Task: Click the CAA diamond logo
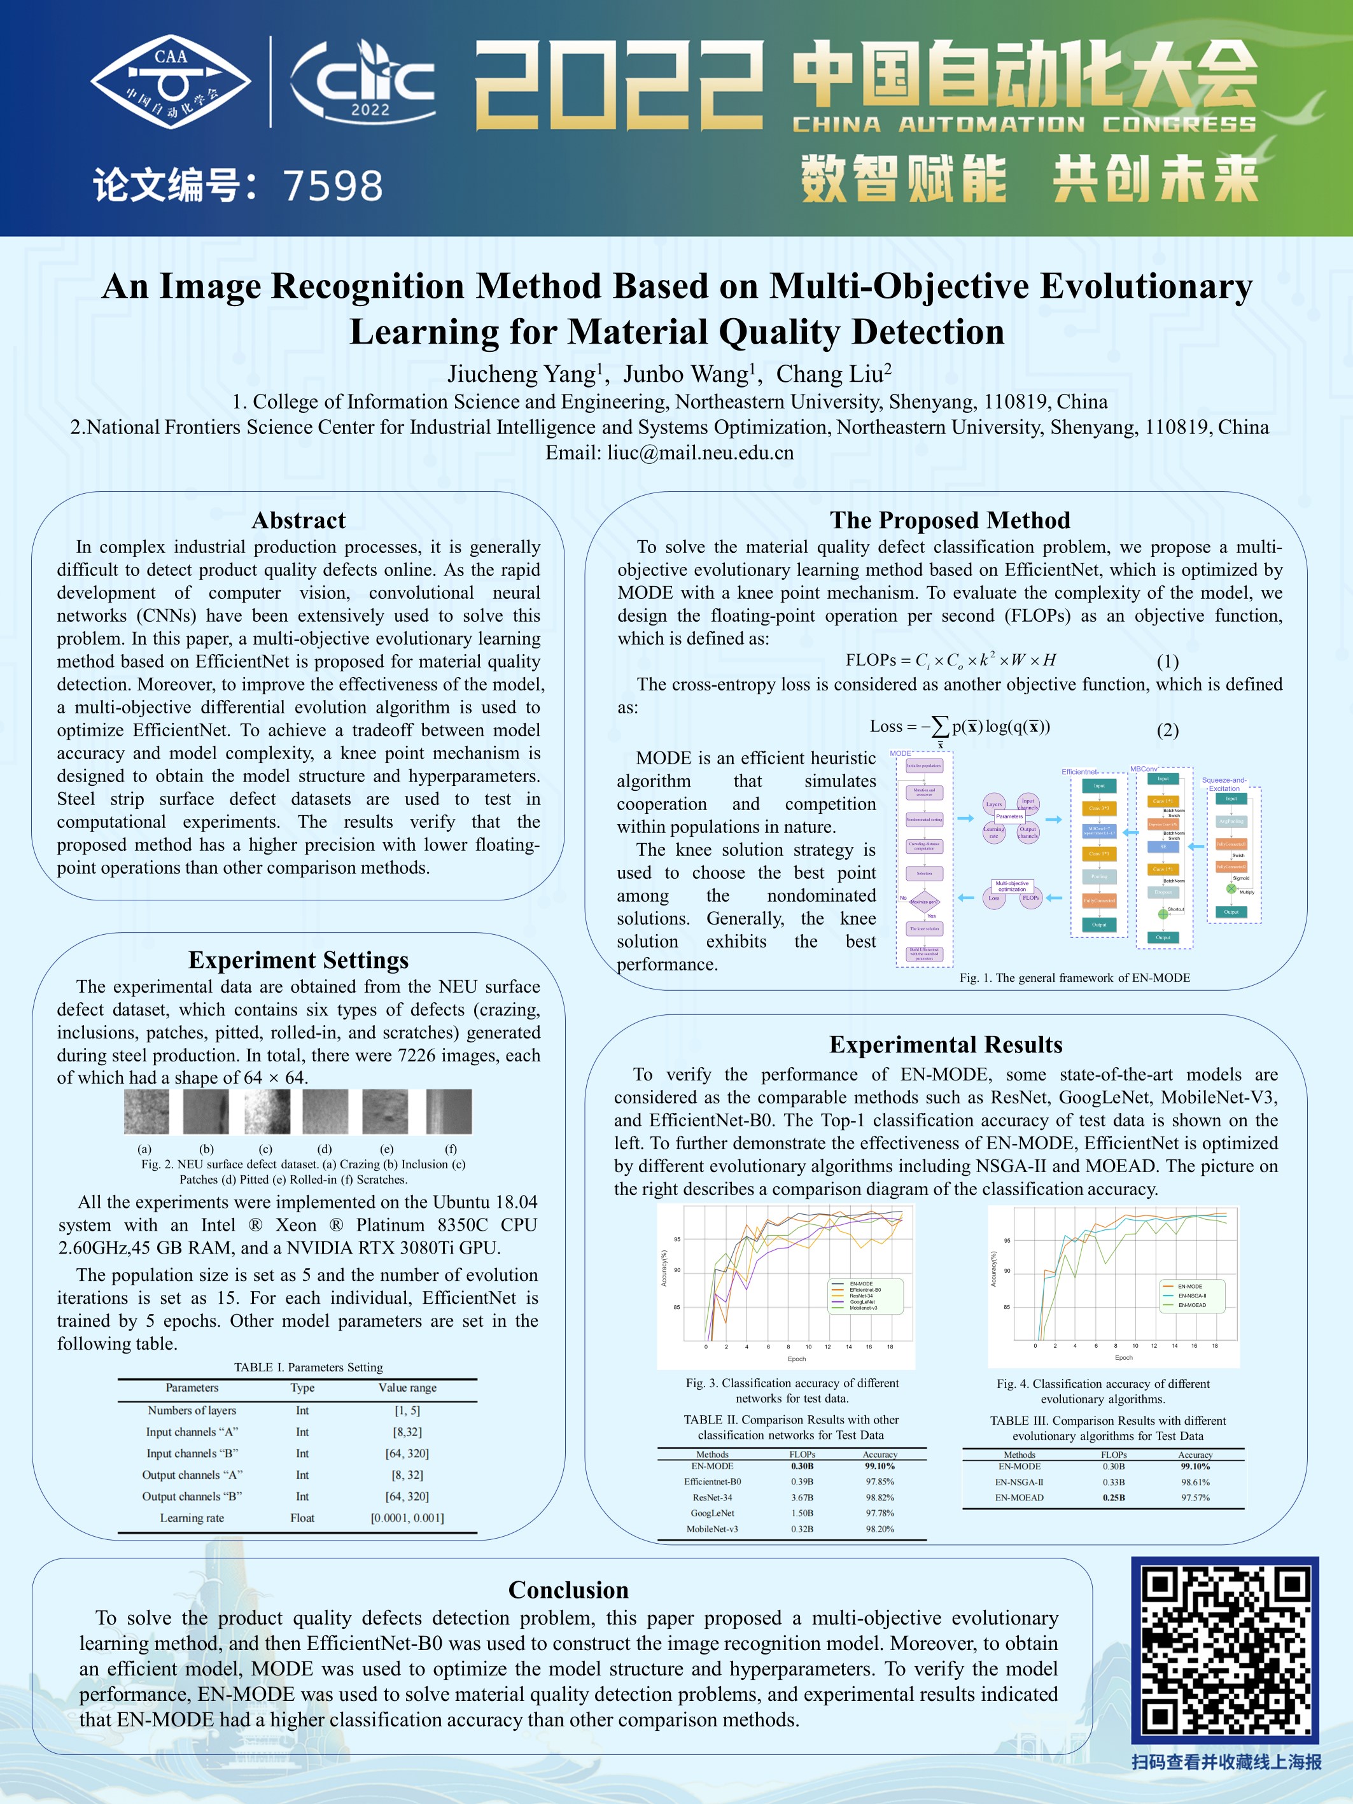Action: (x=171, y=81)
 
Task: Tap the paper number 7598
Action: (x=333, y=186)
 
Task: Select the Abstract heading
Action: (x=298, y=521)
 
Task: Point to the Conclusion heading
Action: (x=568, y=1590)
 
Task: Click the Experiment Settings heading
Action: (x=298, y=960)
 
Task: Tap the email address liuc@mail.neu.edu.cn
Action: (x=700, y=452)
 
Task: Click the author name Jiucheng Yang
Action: (x=522, y=374)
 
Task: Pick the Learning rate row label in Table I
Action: (x=192, y=1518)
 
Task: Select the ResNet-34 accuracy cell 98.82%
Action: (x=880, y=1497)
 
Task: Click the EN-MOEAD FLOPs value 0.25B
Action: (x=1113, y=1497)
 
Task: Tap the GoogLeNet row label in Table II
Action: (x=712, y=1513)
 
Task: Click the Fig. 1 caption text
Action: (x=1074, y=978)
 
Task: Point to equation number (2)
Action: (x=1167, y=730)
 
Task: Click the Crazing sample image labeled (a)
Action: (x=146, y=1112)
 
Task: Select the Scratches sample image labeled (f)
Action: (x=449, y=1112)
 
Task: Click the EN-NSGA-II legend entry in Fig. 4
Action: (x=1191, y=1295)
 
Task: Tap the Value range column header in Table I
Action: (x=407, y=1387)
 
